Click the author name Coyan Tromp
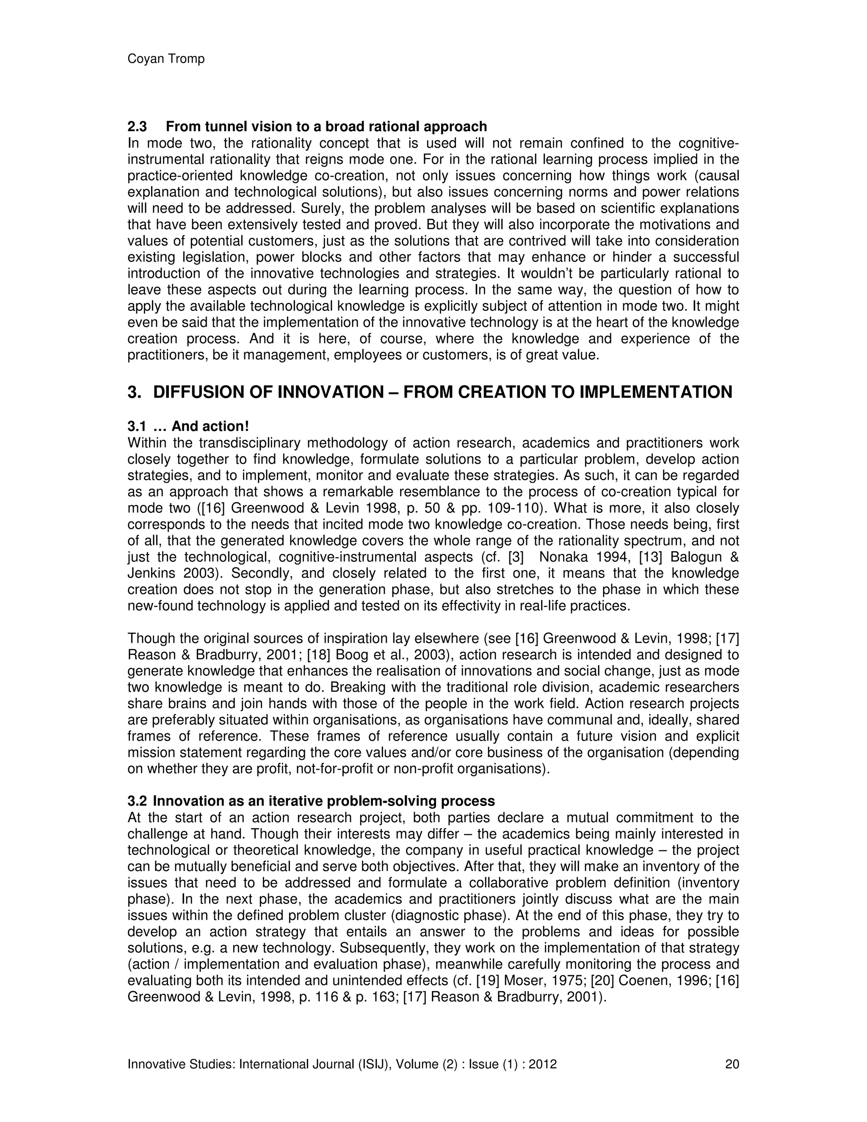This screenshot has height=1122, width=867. (166, 59)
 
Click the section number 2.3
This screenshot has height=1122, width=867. (137, 126)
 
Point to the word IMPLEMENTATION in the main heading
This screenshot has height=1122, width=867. (656, 392)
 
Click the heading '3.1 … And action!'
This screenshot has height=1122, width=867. (188, 426)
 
